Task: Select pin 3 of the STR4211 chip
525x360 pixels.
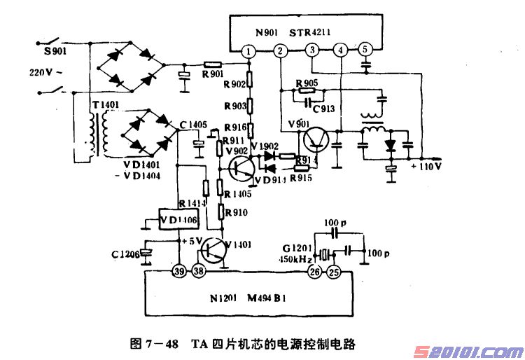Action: pos(311,50)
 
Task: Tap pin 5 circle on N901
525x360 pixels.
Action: pos(365,50)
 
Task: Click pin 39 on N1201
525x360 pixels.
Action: pos(179,270)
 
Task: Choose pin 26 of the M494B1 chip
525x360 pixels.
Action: pos(314,270)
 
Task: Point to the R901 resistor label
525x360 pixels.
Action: pos(213,74)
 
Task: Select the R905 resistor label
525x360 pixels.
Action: pos(307,82)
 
